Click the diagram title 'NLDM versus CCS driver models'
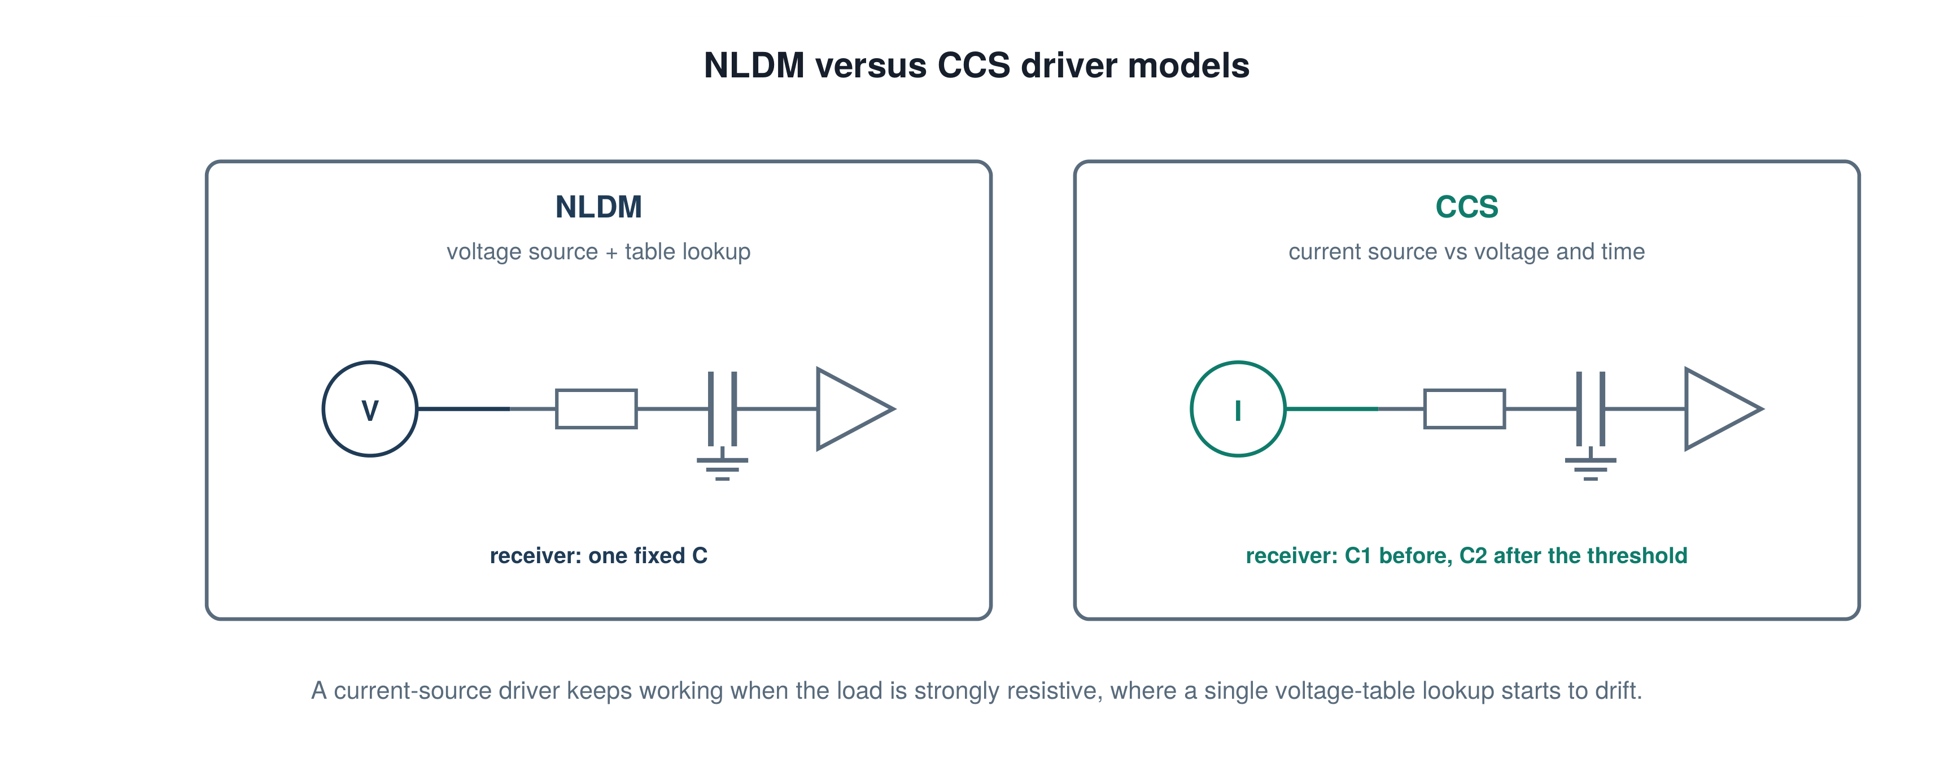[977, 65]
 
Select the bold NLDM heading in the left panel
[598, 207]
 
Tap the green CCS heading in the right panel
[1466, 207]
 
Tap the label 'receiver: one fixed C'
[598, 555]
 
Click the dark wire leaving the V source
[463, 409]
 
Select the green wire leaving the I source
[1331, 409]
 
